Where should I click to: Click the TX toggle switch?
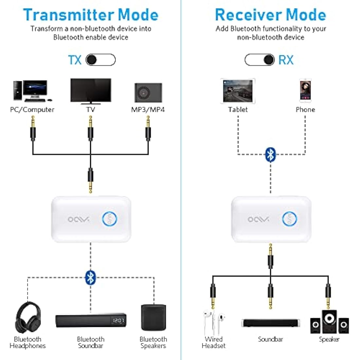pos(100,60)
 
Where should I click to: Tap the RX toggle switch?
pos(260,60)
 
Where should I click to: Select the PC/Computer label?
pos(32,110)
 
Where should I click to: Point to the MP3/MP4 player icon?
pos(148,93)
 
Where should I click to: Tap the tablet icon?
pos(238,91)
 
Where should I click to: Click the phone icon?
pos(305,91)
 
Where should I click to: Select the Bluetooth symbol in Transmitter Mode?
pos(90,278)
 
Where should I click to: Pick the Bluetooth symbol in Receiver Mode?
pos(270,154)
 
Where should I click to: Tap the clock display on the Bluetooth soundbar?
pos(118,320)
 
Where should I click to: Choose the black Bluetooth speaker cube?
pos(153,317)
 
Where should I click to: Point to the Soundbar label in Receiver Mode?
pos(270,339)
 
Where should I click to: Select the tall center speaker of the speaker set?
pos(329,322)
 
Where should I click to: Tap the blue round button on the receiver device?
pos(289,219)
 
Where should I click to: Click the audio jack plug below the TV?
pos(90,129)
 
